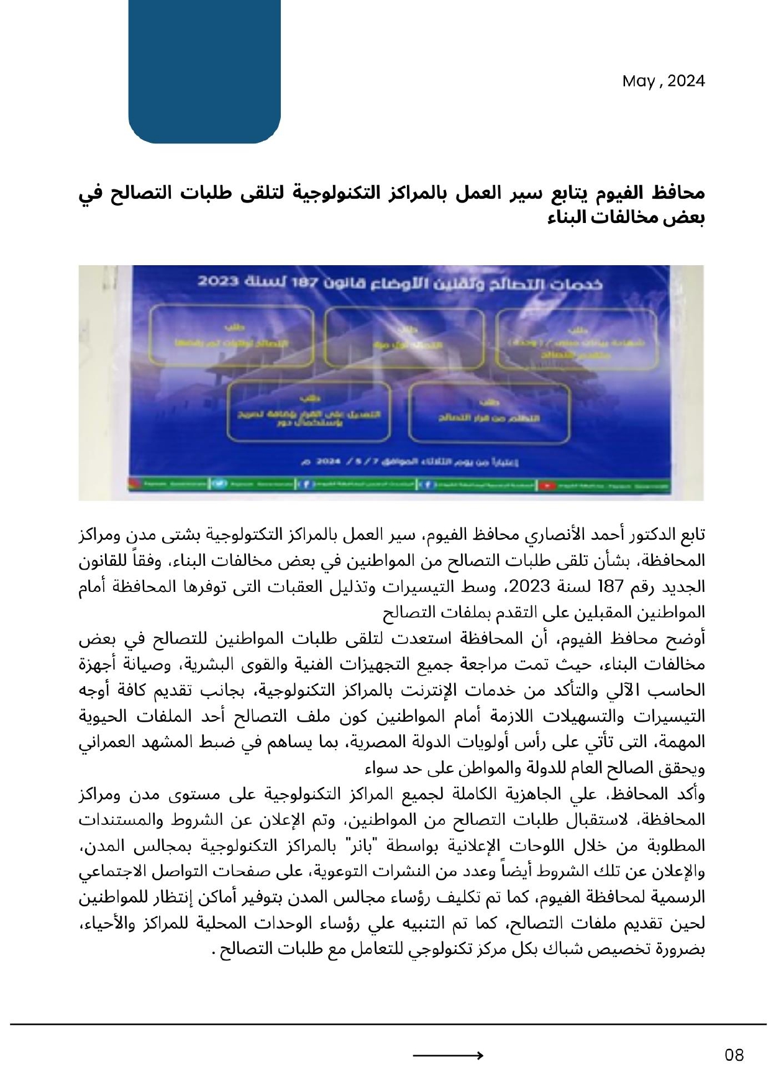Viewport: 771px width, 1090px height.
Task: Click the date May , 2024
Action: (664, 81)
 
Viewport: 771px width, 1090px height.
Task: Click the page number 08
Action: (734, 1055)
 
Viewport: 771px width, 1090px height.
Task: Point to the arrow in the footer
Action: (448, 1055)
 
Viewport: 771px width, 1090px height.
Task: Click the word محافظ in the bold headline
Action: (678, 193)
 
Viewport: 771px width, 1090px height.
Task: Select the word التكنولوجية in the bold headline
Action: (326, 193)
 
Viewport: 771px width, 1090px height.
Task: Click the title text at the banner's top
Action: (400, 283)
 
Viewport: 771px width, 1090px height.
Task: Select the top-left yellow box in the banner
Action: (232, 336)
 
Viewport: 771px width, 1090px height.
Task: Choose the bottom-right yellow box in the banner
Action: (489, 412)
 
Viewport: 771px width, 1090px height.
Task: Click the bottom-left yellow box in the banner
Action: (309, 412)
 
